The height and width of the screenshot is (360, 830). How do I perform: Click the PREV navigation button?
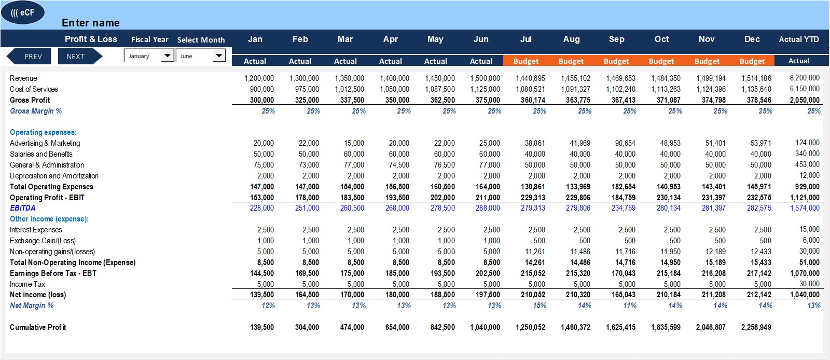pos(29,57)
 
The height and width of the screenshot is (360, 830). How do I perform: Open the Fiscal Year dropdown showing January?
pos(149,56)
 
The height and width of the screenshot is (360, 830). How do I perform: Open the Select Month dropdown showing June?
pos(200,56)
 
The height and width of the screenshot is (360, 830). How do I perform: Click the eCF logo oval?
pos(23,12)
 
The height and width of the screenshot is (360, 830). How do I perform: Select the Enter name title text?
pos(90,23)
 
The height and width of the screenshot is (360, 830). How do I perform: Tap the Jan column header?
pos(255,39)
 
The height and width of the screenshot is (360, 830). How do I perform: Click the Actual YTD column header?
pos(798,39)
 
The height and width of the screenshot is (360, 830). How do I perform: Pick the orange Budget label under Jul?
pos(526,61)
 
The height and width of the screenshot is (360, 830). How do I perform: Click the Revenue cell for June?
pos(485,78)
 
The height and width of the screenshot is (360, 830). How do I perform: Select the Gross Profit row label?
pos(30,100)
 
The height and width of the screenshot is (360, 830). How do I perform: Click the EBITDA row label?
pos(23,208)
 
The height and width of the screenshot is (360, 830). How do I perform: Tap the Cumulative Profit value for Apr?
pos(397,327)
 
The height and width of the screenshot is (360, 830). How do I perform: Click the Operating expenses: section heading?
pos(43,132)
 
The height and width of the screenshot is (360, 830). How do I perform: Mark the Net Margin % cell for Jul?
pos(539,306)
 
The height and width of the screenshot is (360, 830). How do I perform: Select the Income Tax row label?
pos(27,284)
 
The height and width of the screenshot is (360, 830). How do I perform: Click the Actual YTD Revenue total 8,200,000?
pos(805,78)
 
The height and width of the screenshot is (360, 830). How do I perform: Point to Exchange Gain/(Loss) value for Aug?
pos(585,241)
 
